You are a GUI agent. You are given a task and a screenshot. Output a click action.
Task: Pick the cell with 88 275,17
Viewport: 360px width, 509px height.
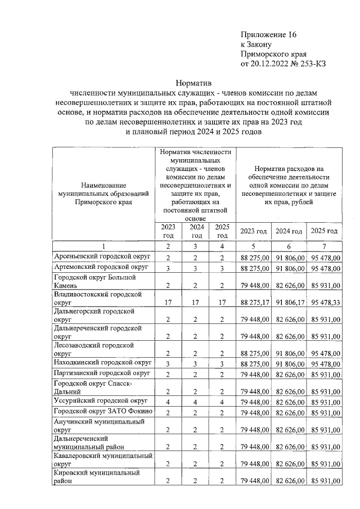[253, 302]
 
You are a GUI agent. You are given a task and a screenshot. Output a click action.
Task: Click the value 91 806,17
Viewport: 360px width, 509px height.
[289, 302]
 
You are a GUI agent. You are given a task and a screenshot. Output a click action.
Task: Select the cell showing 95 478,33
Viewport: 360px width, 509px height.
[325, 302]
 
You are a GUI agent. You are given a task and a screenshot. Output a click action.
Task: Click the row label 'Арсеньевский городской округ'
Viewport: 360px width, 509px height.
[101, 256]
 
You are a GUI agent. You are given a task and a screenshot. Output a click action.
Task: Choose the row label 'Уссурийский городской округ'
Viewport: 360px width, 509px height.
[100, 401]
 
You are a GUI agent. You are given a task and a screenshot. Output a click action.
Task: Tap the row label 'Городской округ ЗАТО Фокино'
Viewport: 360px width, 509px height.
[102, 412]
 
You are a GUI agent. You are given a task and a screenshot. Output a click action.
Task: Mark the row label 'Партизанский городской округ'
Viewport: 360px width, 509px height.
[102, 373]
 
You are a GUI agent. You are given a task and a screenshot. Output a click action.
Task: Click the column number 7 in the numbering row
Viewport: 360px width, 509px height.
[325, 246]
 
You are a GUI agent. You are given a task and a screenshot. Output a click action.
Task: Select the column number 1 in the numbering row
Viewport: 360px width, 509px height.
[103, 246]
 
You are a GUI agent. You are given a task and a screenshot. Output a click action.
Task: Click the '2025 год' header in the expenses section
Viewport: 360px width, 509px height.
[325, 231]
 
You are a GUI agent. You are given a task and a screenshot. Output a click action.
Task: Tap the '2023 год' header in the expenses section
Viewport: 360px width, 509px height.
[253, 231]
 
